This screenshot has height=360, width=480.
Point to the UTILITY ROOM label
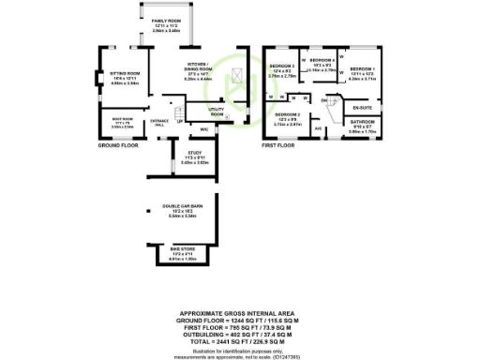point(217,112)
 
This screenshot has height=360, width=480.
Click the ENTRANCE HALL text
point(159,122)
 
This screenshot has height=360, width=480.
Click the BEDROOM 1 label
point(363,70)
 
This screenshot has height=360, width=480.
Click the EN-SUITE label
point(363,108)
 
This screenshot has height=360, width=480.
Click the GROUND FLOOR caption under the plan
point(118,146)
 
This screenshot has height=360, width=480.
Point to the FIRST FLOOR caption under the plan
point(277,146)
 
